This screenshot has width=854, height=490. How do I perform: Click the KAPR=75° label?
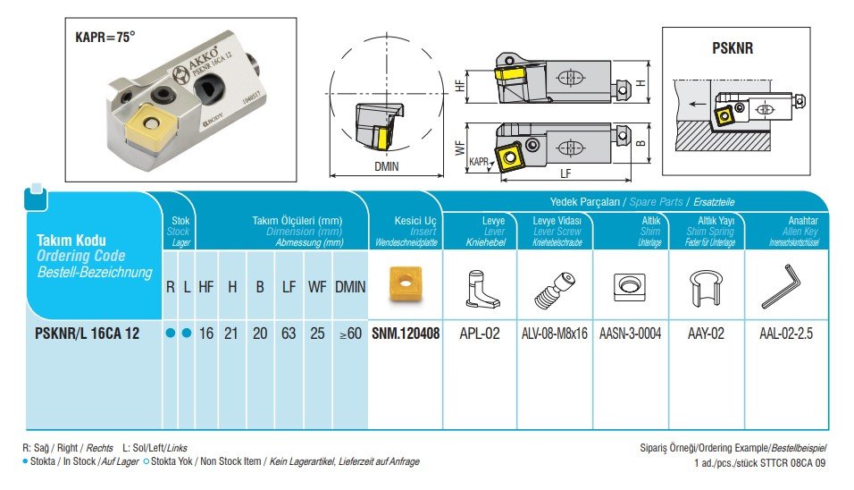coord(105,38)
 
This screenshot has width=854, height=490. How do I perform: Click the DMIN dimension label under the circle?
coord(387,166)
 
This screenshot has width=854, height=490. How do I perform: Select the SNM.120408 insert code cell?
coord(406,334)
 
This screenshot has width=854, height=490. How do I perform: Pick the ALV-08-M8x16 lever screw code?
coord(555,334)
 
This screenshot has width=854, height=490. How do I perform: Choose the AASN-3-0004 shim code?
coord(631,334)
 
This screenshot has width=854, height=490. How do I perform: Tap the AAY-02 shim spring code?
coord(706,334)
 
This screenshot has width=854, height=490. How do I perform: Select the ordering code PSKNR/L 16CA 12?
coord(87,334)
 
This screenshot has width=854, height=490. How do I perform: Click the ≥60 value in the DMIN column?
coord(350,334)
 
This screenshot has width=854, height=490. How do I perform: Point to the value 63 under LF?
coord(289,334)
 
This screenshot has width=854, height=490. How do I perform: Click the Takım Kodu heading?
coord(71,241)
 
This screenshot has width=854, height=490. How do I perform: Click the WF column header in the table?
coord(317,287)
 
